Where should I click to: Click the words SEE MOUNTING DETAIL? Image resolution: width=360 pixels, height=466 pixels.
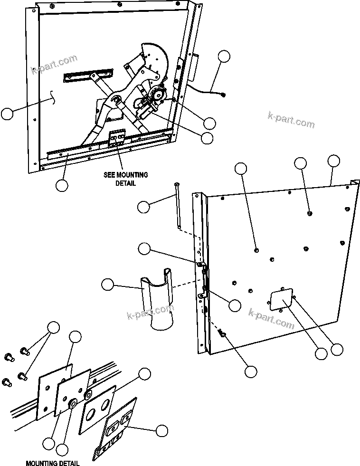[x=125, y=179]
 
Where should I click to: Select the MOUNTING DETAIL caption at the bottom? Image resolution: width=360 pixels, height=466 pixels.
[x=52, y=463]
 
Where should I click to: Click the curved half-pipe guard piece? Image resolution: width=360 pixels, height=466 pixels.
[x=159, y=299]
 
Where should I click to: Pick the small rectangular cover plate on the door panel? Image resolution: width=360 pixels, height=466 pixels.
[x=281, y=300]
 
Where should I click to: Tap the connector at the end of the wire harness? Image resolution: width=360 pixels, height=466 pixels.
[x=223, y=95]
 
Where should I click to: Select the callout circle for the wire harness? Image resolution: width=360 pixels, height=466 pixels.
[x=225, y=57]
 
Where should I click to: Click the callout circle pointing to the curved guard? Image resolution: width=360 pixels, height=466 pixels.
[x=108, y=285]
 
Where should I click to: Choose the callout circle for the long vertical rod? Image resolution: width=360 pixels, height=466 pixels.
[x=144, y=206]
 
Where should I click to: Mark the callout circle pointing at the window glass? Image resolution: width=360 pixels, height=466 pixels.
[x=7, y=114]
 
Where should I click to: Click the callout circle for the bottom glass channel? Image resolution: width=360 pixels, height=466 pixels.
[x=61, y=185]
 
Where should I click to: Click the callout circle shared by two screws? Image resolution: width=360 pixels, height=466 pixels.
[x=53, y=327]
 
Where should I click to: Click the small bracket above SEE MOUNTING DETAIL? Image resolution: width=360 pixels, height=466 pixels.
[x=117, y=139]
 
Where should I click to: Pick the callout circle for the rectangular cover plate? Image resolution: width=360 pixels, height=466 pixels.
[x=321, y=353]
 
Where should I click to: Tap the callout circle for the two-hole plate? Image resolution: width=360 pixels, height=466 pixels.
[x=145, y=373]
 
